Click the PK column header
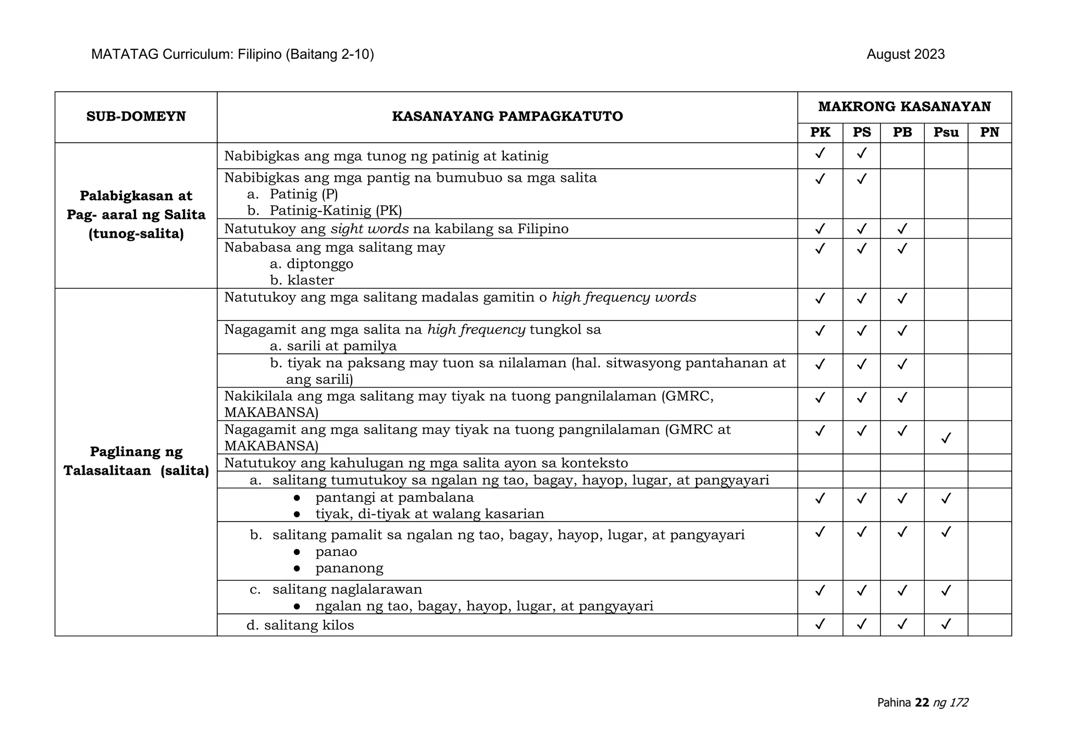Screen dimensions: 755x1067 click(x=820, y=132)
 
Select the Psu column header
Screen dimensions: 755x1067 click(x=946, y=132)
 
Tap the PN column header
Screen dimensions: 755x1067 click(x=989, y=132)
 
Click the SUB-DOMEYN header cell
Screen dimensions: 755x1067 click(x=136, y=116)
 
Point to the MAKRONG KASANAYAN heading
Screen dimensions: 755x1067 click(x=904, y=107)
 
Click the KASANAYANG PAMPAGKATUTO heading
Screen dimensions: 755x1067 click(x=507, y=116)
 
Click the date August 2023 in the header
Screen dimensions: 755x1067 click(x=905, y=55)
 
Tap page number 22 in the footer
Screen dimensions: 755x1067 click(x=922, y=702)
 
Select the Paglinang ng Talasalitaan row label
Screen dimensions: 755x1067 click(x=136, y=461)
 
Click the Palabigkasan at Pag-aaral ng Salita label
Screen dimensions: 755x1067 click(x=136, y=215)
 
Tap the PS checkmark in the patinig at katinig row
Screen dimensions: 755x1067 click(x=862, y=153)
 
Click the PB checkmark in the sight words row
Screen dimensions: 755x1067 click(x=902, y=229)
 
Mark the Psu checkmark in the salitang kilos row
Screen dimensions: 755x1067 click(x=946, y=624)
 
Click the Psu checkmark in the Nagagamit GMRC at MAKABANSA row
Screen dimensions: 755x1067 click(x=946, y=438)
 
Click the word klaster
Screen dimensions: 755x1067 click(x=311, y=280)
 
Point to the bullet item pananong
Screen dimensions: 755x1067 click(x=349, y=568)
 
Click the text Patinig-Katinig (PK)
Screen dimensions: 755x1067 click(x=336, y=211)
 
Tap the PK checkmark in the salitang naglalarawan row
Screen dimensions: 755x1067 click(x=820, y=590)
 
